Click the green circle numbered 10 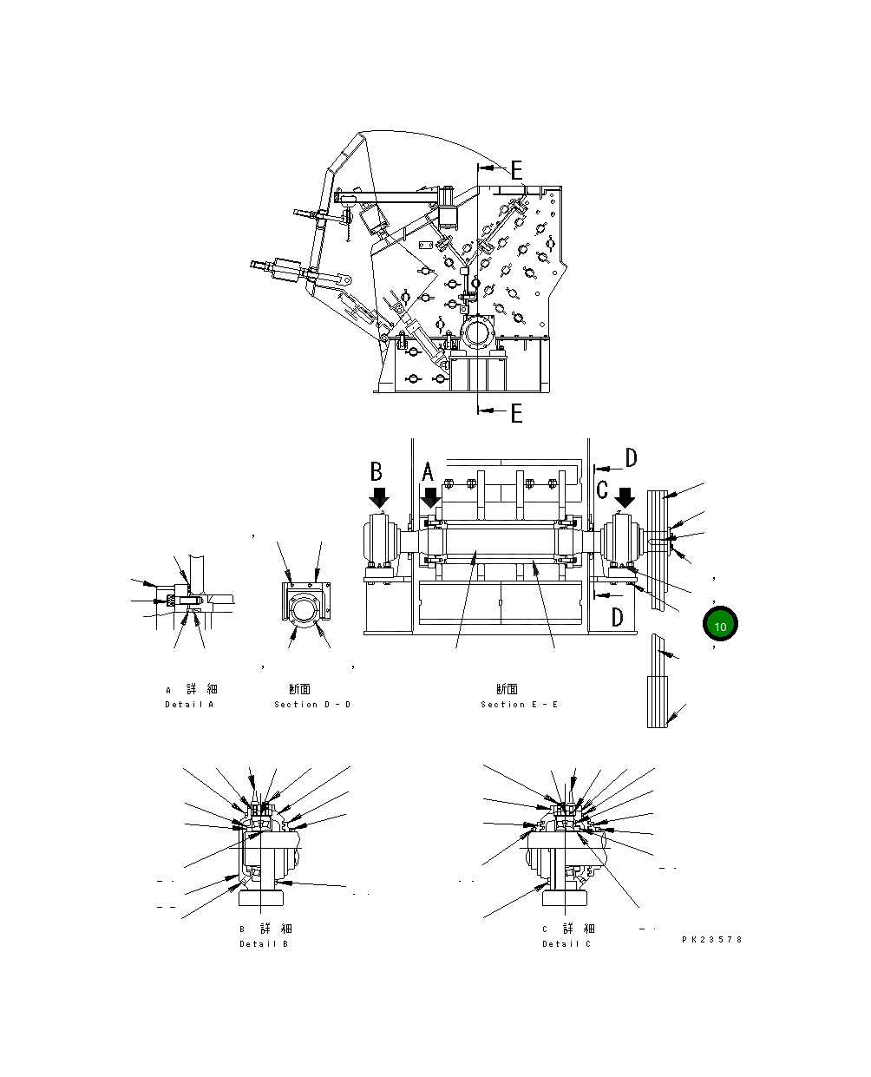[719, 624]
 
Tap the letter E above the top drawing [516, 170]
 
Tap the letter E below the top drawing [516, 413]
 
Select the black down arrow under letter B [379, 497]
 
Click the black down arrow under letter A [430, 498]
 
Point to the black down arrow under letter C [625, 498]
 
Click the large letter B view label [377, 471]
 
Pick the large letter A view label [428, 473]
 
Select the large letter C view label [602, 490]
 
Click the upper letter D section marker [631, 457]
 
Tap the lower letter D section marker [617, 617]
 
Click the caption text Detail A [189, 704]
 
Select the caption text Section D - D [312, 704]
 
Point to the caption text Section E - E [520, 704]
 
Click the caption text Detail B [264, 943]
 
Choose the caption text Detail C [566, 943]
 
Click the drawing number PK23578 [711, 939]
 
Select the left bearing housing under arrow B [379, 542]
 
